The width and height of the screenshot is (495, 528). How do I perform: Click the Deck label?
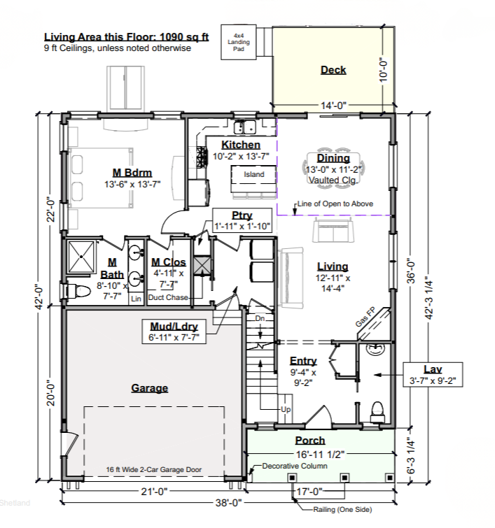click(x=333, y=70)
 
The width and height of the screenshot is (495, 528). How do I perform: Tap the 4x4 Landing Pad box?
click(x=238, y=42)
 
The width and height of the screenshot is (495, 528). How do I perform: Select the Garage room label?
click(x=149, y=388)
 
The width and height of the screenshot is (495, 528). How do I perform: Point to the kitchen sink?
click(x=245, y=127)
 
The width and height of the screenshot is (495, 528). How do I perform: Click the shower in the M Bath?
click(x=81, y=257)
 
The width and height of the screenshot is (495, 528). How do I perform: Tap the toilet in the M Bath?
click(x=78, y=292)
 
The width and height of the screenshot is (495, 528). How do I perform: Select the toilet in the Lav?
click(x=377, y=411)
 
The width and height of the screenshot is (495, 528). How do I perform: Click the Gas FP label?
click(x=365, y=317)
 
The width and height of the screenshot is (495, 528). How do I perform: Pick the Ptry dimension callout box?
click(x=242, y=221)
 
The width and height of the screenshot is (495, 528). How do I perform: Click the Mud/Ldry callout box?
click(x=174, y=331)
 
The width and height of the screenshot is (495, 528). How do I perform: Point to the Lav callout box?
click(x=433, y=374)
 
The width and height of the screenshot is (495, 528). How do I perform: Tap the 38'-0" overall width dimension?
click(x=229, y=503)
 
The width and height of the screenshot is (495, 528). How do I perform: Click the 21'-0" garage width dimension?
click(x=154, y=492)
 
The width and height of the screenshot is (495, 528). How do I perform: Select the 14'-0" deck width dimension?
click(x=333, y=106)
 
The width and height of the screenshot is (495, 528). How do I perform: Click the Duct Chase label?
click(x=168, y=297)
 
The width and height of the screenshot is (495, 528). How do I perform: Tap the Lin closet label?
click(x=136, y=299)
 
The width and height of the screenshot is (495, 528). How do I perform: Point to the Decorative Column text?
click(x=295, y=466)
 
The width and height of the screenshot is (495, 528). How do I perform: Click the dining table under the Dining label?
click(x=333, y=169)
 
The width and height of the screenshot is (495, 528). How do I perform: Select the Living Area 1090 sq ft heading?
click(x=127, y=36)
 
